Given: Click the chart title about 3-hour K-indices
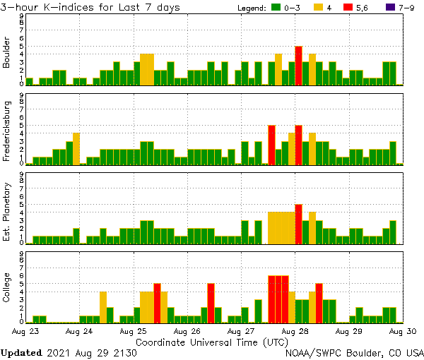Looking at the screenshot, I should click(x=90, y=7).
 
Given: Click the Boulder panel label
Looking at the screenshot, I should click(x=7, y=54).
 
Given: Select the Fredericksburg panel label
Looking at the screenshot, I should click(x=7, y=133).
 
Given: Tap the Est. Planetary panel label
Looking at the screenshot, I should click(x=7, y=212).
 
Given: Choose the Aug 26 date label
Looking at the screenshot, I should click(x=187, y=330).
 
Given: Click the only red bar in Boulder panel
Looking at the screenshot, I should click(x=299, y=66).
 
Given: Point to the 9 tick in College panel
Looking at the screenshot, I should click(x=22, y=252).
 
